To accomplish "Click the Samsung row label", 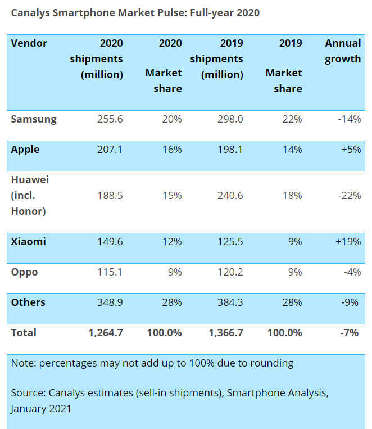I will (34, 119).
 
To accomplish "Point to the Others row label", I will (28, 302).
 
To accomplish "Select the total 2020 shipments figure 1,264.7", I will (106, 333).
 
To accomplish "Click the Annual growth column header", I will (343, 51).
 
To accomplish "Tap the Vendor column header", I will (29, 43).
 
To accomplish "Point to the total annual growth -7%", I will (349, 333).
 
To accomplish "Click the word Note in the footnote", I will (22, 363).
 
